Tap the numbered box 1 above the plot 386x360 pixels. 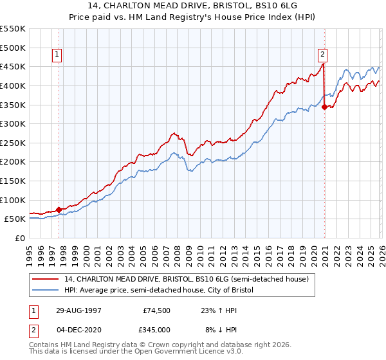(x=57, y=55)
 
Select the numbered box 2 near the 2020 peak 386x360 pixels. (x=322, y=55)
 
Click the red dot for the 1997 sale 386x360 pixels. (x=59, y=209)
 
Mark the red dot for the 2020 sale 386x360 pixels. (x=325, y=107)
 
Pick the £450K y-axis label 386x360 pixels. (x=13, y=66)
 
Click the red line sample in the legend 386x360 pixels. (x=46, y=279)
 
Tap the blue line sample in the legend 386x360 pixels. (x=46, y=291)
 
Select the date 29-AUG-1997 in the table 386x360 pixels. (x=77, y=309)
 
